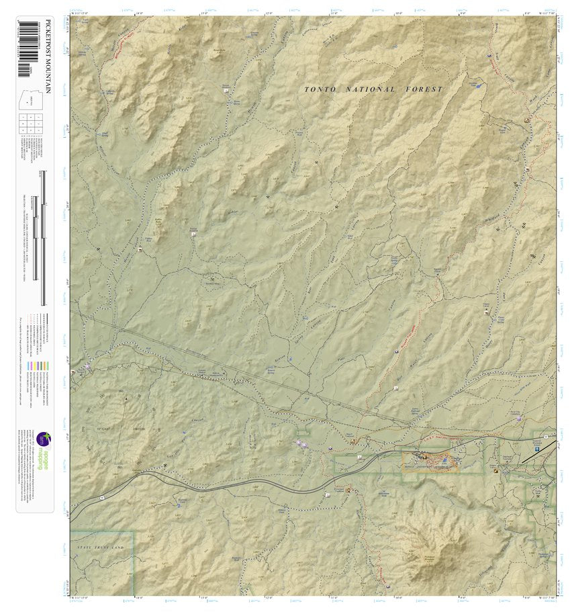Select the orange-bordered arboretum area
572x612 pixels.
430,461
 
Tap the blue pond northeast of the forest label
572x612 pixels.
477,86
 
